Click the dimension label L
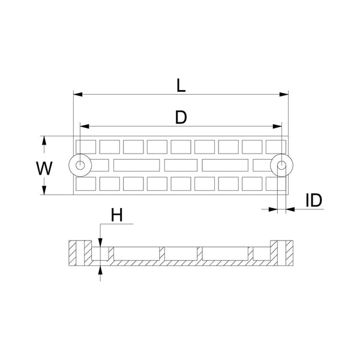[181, 85]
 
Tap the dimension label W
[43, 168]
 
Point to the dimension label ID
[314, 200]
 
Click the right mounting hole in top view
[281, 164]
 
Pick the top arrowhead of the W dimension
[44, 140]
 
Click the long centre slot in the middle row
[181, 164]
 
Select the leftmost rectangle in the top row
[86, 146]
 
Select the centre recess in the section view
[181, 254]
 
